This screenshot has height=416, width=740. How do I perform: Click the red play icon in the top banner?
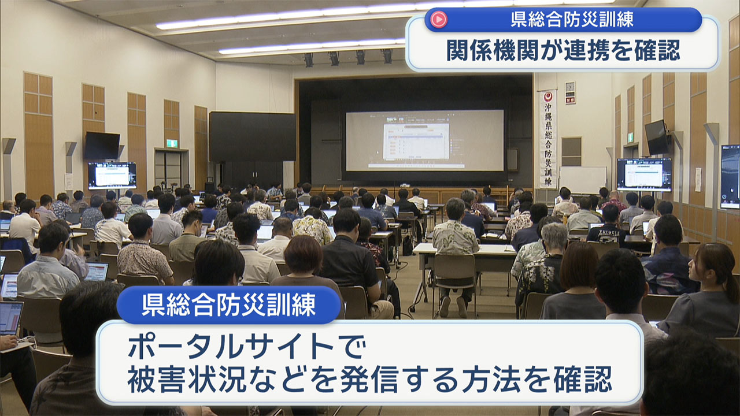coord(439,20)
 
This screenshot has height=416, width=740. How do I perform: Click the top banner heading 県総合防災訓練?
coord(572,20)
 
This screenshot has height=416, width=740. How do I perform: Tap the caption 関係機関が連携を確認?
coord(563,50)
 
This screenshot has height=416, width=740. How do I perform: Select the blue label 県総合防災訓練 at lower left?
coord(229,304)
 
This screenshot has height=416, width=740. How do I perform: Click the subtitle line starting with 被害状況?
coord(369,379)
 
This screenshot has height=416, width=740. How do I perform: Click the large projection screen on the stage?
coord(424,140)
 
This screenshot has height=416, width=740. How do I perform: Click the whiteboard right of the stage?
coord(582,180)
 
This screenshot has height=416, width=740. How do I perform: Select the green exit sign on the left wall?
coord(172,143)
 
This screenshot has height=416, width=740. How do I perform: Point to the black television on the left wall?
coord(102,146)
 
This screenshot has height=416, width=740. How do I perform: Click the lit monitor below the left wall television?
coord(112,175)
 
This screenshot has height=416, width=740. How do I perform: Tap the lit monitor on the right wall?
coord(643,173)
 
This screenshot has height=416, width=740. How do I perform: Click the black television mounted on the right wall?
coord(656,137)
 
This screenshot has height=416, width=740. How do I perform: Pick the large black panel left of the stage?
coord(252,136)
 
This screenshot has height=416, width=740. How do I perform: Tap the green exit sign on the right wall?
coord(631,137)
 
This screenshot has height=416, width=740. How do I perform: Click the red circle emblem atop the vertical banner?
coord(547,97)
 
